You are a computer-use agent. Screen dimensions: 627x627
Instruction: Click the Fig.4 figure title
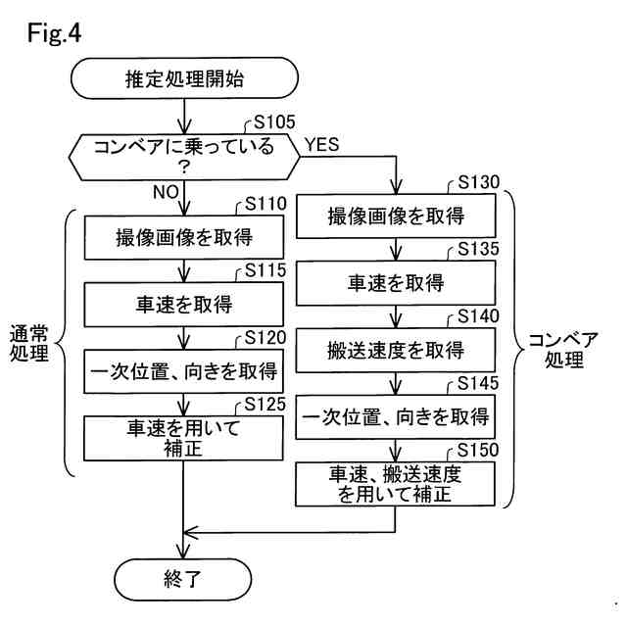(54, 32)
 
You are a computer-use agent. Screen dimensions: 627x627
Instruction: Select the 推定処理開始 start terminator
(184, 78)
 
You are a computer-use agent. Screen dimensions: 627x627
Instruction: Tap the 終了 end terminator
(183, 579)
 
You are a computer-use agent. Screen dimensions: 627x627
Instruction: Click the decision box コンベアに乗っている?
(184, 157)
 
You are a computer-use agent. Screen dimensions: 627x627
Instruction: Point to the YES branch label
(322, 144)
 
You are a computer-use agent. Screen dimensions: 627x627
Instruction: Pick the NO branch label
(166, 192)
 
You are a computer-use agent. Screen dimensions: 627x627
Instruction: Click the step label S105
(274, 121)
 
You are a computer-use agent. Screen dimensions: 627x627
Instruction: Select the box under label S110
(183, 237)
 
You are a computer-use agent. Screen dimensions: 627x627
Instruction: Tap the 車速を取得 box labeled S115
(183, 305)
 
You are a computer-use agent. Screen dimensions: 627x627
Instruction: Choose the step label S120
(265, 337)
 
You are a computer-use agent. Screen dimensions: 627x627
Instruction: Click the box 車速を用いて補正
(183, 438)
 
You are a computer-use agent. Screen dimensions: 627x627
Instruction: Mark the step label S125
(265, 405)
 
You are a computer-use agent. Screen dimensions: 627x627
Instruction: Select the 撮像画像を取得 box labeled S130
(396, 216)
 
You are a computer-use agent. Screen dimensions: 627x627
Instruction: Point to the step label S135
(478, 249)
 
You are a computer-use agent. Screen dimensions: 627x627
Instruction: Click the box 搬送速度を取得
(396, 351)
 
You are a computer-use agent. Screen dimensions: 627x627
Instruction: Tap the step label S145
(478, 383)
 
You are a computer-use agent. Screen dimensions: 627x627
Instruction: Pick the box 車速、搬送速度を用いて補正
(395, 484)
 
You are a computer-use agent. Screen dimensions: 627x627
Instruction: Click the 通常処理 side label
(28, 343)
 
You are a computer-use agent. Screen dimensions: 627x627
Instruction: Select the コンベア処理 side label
(563, 350)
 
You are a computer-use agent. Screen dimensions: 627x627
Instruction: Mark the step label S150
(478, 450)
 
